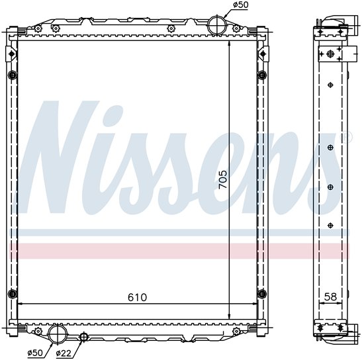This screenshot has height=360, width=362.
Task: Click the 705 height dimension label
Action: point(223,179)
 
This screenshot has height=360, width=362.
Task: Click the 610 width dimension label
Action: point(138,297)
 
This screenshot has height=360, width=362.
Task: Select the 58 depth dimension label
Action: point(330,296)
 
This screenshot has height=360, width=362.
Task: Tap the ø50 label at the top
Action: point(240,5)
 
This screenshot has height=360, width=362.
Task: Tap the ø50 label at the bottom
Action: point(35,353)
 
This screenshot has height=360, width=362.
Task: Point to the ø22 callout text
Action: point(64,353)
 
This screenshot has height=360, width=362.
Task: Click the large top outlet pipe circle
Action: point(217,25)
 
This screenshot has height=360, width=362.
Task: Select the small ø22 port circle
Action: point(83,336)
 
